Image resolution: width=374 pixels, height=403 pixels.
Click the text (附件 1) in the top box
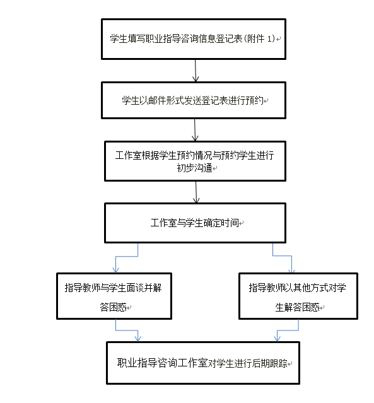tap(259, 39)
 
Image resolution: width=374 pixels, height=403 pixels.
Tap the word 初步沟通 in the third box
tap(194, 168)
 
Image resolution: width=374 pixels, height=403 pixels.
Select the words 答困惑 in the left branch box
tap(113, 307)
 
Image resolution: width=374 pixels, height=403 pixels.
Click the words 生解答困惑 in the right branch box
tap(297, 307)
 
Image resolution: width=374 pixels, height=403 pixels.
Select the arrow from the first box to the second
tap(196, 71)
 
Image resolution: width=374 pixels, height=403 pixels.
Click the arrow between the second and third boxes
tap(195, 130)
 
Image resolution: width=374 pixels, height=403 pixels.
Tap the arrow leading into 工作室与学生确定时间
tap(196, 192)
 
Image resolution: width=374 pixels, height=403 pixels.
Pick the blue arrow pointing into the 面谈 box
tap(127, 256)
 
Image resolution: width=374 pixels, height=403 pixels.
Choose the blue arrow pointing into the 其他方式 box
tap(283, 255)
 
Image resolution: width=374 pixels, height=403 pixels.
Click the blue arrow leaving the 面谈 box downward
tap(127, 330)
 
